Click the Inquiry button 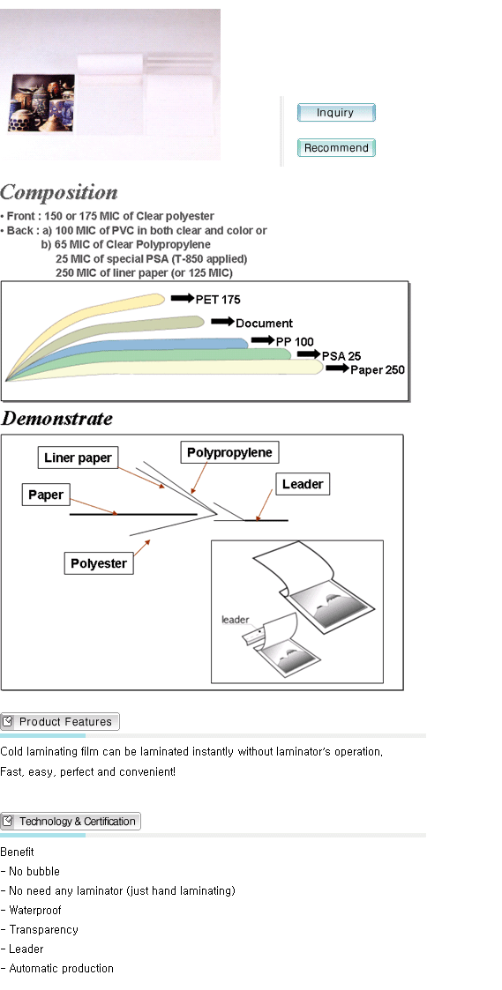point(336,112)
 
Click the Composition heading point(59,192)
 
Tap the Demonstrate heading point(56,419)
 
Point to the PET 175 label point(218,299)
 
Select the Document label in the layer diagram point(265,324)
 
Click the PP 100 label point(295,341)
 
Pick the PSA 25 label point(341,356)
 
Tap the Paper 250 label point(378,370)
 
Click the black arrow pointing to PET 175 point(182,298)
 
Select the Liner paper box point(78,458)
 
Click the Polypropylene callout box point(229,453)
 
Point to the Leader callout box point(303,484)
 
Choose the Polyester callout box point(99,563)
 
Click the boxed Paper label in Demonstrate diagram point(46,495)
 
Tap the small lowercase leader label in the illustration point(236,620)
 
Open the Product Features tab point(59,722)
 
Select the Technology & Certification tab point(71,822)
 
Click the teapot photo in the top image point(41,103)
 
